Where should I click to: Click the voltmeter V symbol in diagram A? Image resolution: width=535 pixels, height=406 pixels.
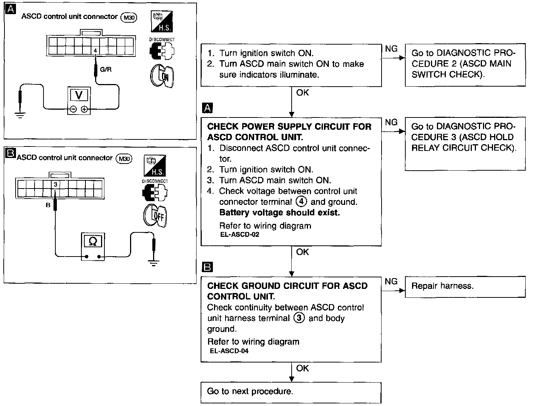79,95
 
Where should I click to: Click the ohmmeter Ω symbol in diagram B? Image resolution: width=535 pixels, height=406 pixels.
93,242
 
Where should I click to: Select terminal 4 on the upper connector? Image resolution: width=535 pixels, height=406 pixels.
95,50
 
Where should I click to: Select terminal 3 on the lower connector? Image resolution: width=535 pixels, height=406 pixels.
55,184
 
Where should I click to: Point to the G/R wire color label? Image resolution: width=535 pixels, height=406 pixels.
106,70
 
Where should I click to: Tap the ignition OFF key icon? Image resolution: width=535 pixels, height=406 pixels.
155,216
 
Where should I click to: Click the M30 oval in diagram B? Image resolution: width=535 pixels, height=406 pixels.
124,159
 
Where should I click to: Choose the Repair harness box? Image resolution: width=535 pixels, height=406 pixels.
465,287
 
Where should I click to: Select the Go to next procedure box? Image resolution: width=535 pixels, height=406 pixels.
291,392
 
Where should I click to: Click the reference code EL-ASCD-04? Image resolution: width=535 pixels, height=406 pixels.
229,351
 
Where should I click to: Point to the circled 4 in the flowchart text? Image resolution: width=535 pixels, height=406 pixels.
301,202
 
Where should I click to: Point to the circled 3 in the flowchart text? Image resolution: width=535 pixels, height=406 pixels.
299,318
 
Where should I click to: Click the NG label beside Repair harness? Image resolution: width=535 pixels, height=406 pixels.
391,282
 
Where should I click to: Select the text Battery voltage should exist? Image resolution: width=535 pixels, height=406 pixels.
279,213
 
